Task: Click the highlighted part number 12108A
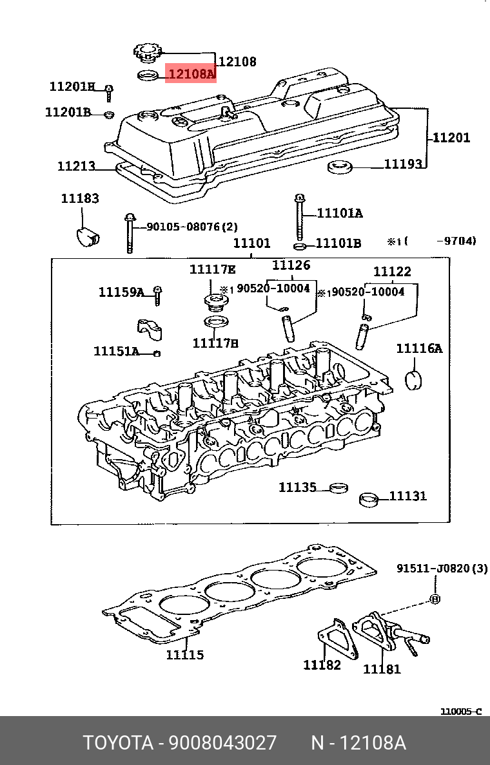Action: click(191, 74)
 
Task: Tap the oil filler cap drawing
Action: click(147, 52)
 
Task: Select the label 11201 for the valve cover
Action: click(451, 137)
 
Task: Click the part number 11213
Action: click(76, 166)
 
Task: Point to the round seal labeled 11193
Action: click(340, 168)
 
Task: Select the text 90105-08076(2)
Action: click(191, 227)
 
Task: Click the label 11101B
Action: click(338, 243)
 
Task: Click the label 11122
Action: click(392, 272)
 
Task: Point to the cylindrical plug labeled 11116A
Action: click(413, 379)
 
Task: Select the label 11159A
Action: click(121, 292)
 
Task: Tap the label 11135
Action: click(297, 487)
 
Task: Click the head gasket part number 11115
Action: click(184, 655)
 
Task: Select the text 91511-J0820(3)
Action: click(442, 569)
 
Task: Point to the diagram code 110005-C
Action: click(460, 712)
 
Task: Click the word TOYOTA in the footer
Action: click(117, 743)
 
